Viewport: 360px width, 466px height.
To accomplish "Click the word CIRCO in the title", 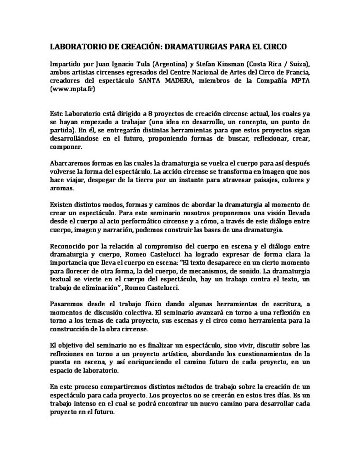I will click(273, 46).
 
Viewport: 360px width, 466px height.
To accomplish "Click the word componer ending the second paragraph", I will click(64, 147).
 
